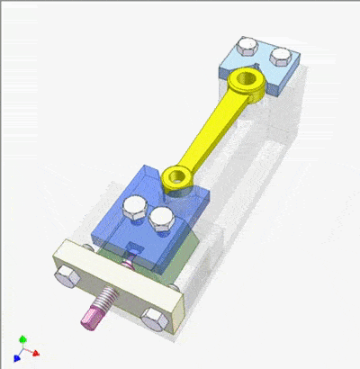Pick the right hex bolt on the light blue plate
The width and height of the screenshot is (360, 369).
281,58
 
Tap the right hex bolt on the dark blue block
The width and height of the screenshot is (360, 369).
163,218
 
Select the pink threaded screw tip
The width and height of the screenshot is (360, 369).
94,314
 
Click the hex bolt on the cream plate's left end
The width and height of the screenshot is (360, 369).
64,276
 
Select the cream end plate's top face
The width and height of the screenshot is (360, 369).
117,269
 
